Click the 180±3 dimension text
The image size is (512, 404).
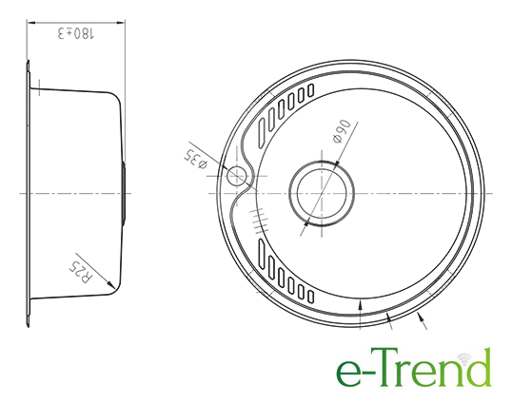[x=76, y=33]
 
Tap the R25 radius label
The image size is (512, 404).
[x=81, y=271]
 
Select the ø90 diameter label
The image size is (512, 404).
[x=342, y=131]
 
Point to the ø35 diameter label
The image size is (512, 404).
[x=196, y=159]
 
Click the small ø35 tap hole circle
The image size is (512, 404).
[x=236, y=176]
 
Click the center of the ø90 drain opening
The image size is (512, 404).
[x=322, y=193]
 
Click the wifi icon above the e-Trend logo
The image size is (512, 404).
[x=464, y=358]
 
